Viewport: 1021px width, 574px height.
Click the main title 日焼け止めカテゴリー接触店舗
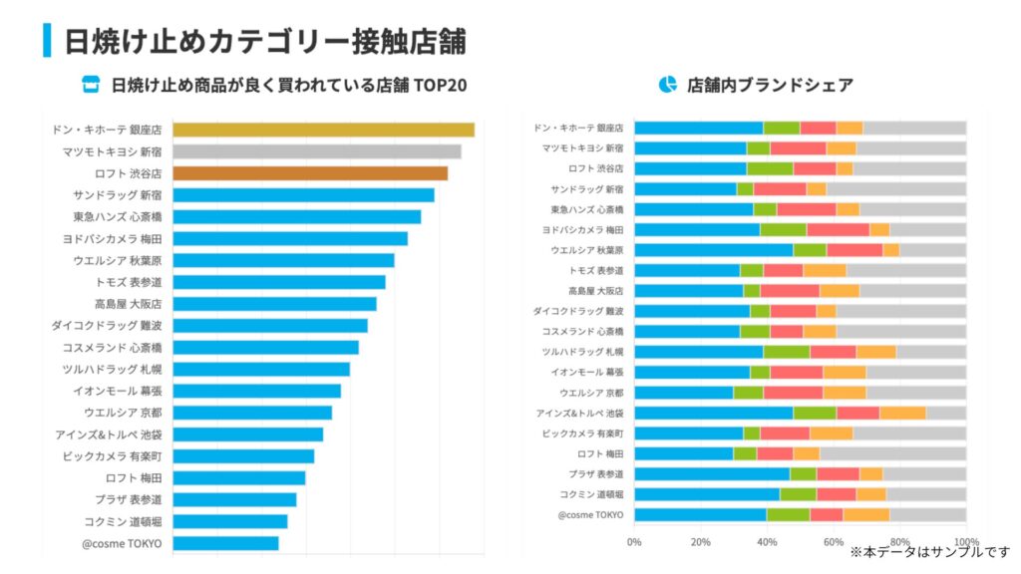click(265, 41)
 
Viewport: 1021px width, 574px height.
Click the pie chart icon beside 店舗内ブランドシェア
click(667, 85)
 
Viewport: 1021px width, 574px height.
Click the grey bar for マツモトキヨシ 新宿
click(316, 151)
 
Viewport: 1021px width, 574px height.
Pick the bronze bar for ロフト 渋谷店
click(309, 173)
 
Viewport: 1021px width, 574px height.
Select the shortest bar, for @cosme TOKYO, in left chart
click(225, 543)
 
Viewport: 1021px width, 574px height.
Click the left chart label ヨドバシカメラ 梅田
click(117, 239)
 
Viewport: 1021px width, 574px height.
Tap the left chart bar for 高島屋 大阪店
click(274, 304)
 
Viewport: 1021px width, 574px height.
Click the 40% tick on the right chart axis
click(767, 542)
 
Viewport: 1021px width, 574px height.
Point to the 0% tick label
click(634, 542)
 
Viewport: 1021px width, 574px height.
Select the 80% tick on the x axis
click(899, 542)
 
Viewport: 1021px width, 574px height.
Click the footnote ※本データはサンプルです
click(929, 551)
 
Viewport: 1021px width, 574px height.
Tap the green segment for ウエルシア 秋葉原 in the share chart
click(810, 250)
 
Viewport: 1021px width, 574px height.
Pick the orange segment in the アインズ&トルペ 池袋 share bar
click(902, 413)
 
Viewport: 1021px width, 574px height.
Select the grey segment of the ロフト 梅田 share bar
click(892, 453)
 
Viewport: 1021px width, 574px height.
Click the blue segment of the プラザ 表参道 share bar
click(711, 474)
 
